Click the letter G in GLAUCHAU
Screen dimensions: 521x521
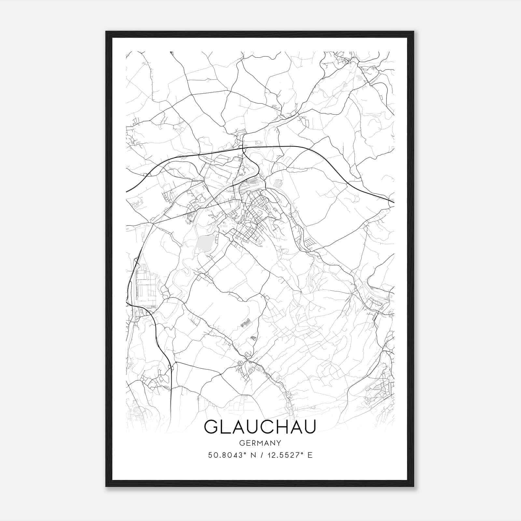[x=212, y=427]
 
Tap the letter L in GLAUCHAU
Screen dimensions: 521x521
[x=227, y=427]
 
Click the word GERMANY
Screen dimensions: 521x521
[x=260, y=443]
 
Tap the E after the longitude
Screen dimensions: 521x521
[x=310, y=455]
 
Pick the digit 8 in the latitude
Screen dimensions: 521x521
[x=222, y=455]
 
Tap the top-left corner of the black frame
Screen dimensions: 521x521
[x=106, y=32]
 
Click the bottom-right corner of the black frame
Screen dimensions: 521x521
[x=414, y=486]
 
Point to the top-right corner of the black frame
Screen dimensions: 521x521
[x=414, y=32]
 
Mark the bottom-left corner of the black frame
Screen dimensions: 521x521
[x=106, y=486]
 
